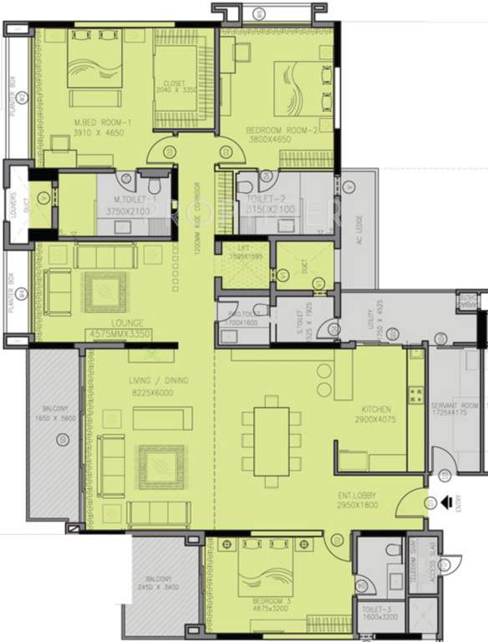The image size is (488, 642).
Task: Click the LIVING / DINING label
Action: tap(158, 380)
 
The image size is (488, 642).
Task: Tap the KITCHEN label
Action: tap(377, 410)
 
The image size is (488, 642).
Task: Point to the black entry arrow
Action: tap(446, 502)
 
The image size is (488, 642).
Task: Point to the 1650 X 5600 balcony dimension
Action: tap(54, 423)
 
